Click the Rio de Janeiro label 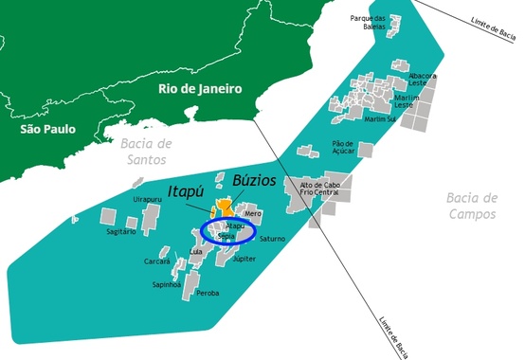click(201, 89)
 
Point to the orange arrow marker click(224, 206)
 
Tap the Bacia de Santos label click(147, 152)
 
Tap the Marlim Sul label click(379, 119)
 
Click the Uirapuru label click(148, 199)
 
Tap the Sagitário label click(122, 231)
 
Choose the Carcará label click(157, 261)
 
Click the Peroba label click(207, 294)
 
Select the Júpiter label click(244, 258)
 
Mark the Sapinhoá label click(167, 283)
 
